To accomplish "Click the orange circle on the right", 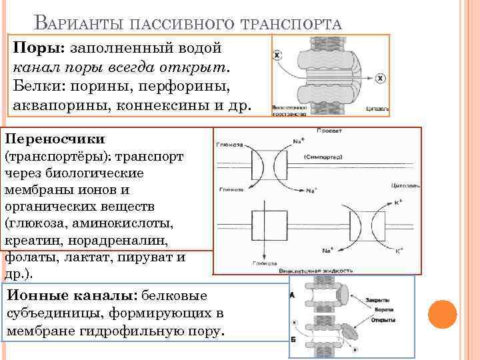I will (441, 313).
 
